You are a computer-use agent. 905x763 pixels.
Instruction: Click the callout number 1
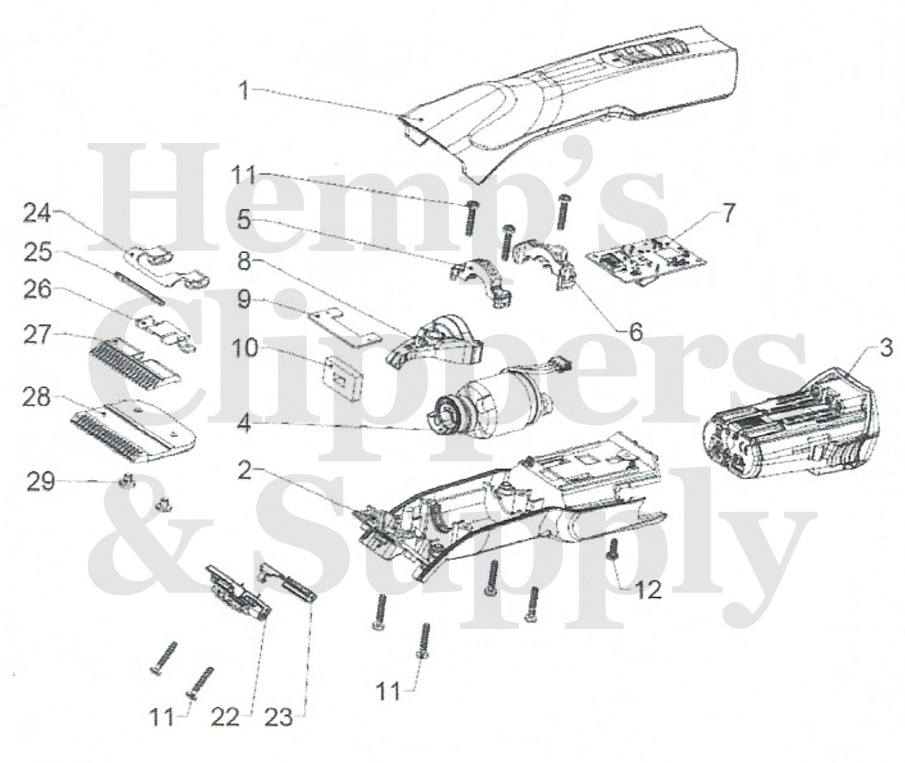point(245,91)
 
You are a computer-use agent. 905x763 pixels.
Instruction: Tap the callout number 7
point(728,214)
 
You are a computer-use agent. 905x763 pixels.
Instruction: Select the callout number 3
point(886,348)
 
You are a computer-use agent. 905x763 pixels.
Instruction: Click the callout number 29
point(41,481)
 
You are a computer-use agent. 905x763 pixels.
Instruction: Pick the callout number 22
point(225,718)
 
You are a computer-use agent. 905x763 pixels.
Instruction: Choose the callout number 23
point(279,718)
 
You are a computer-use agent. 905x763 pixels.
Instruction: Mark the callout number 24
point(37,214)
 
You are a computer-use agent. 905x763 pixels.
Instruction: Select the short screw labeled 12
point(613,549)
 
